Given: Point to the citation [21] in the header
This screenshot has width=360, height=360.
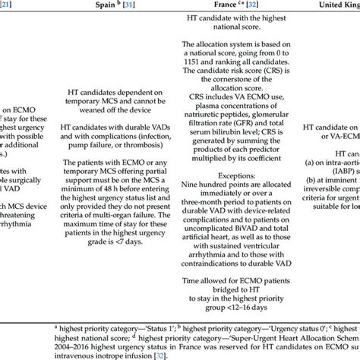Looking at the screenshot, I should coord(6,11).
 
